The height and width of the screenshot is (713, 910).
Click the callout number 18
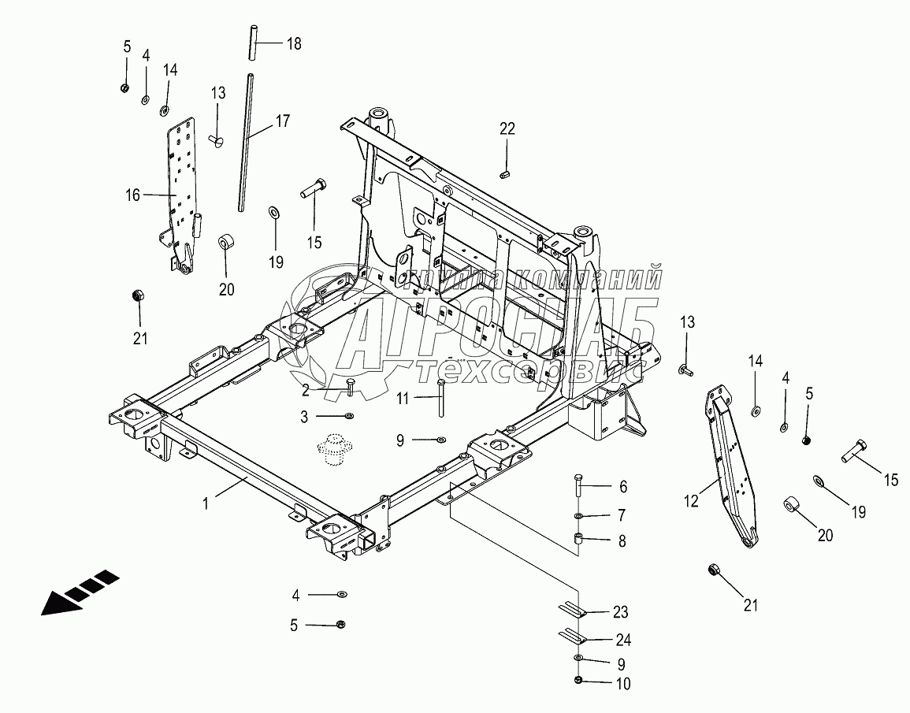click(x=294, y=43)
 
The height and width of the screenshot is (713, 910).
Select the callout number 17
click(x=283, y=121)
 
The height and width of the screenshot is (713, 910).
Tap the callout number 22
click(x=507, y=129)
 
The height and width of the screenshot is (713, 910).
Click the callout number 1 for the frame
click(x=206, y=503)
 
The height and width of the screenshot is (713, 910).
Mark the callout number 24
click(x=622, y=640)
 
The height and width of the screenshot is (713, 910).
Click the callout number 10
click(x=622, y=684)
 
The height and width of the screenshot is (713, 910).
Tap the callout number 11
click(x=403, y=399)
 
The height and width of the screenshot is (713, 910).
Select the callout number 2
click(x=305, y=389)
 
